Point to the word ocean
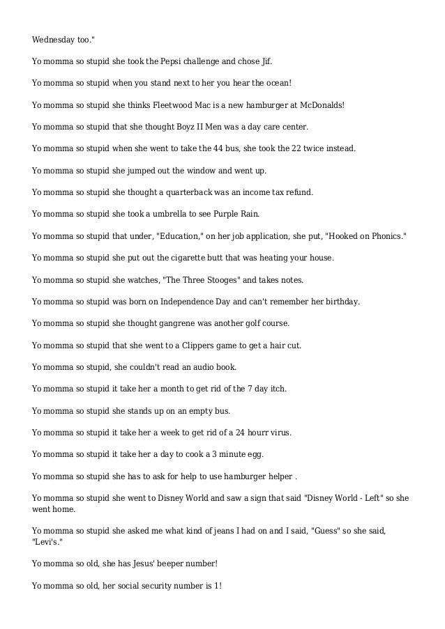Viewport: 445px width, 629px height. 274,84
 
